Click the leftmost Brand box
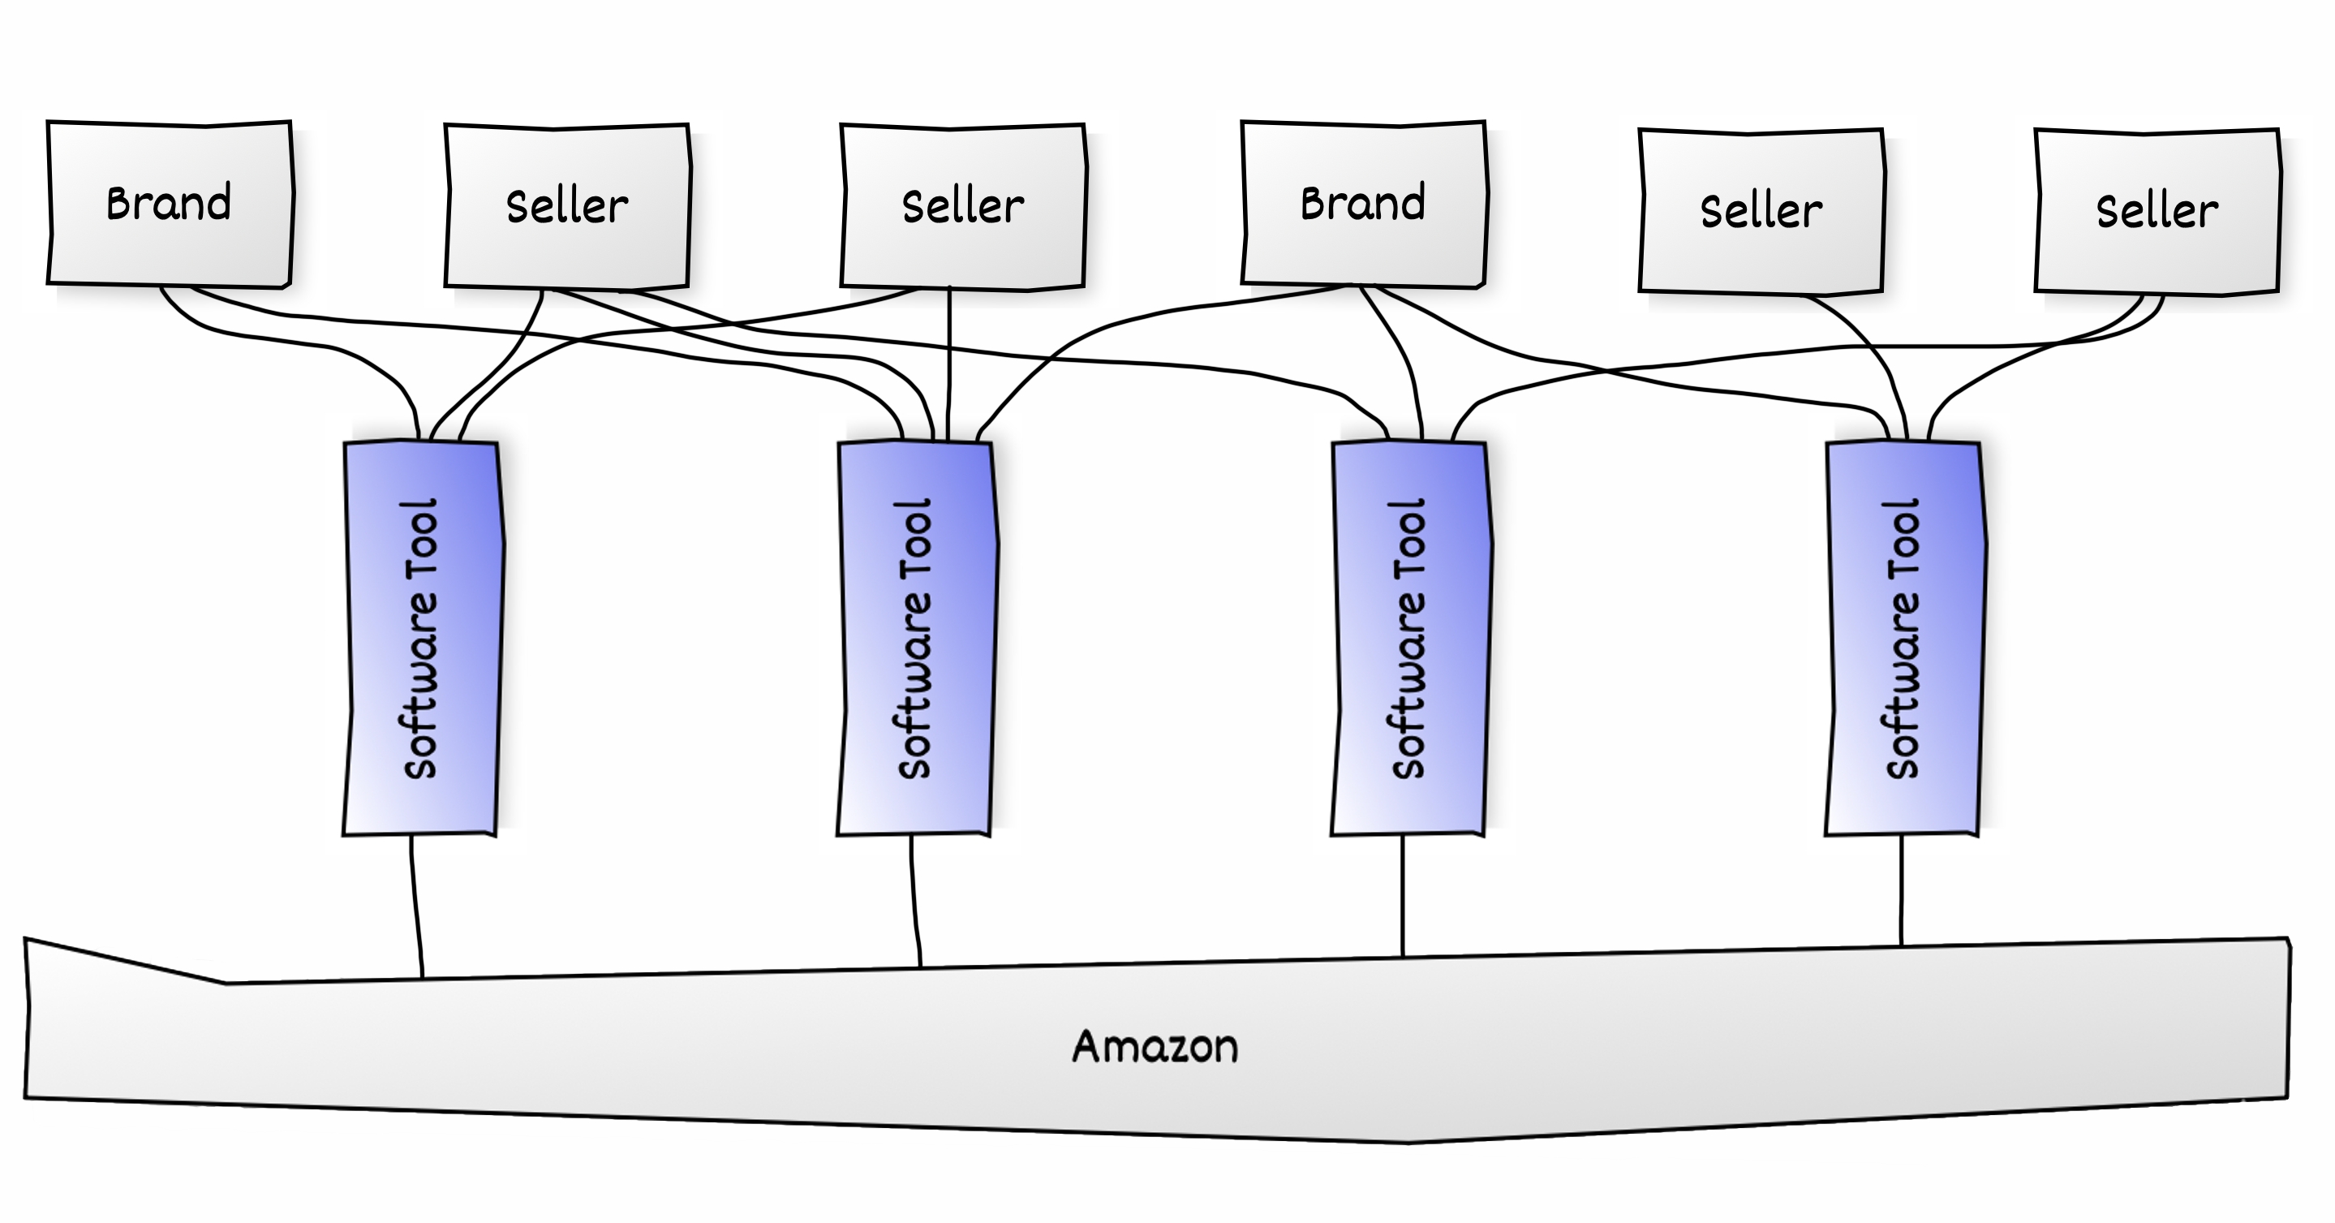pyautogui.click(x=170, y=204)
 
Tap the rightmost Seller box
pyautogui.click(x=2157, y=211)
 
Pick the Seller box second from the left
pyautogui.click(x=567, y=207)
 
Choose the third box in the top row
pyautogui.click(x=964, y=207)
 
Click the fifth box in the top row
pyautogui.click(x=1761, y=211)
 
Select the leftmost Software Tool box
pyautogui.click(x=423, y=638)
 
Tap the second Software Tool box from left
pyautogui.click(x=917, y=638)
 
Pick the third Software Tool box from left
pyautogui.click(x=1410, y=638)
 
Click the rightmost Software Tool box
pyautogui.click(x=1904, y=638)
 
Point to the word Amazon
pyautogui.click(x=1155, y=1046)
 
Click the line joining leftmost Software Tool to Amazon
pyautogui.click(x=415, y=906)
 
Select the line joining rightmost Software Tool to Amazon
pyautogui.click(x=1901, y=890)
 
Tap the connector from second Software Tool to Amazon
pyautogui.click(x=914, y=901)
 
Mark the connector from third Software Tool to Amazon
pyautogui.click(x=1402, y=896)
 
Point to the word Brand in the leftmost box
pyautogui.click(x=169, y=203)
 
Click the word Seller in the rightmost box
pyautogui.click(x=2157, y=211)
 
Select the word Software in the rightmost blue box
pyautogui.click(x=1903, y=686)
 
